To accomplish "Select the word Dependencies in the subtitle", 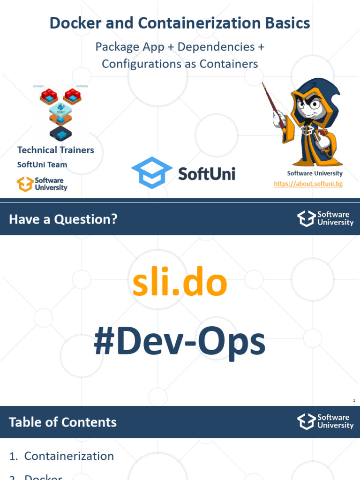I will (217, 47).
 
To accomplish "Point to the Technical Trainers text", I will (55, 150).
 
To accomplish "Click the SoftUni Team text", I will (42, 165).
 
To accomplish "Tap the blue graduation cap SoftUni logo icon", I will (151, 173).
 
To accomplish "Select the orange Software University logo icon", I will (24, 184).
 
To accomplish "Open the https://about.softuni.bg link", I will (308, 184).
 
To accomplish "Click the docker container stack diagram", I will (60, 112).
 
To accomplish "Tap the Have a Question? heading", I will (63, 219).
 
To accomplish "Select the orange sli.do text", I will (180, 284).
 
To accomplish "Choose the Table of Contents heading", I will (63, 422).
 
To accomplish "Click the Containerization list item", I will (69, 456).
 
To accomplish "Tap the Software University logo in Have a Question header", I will (325, 218).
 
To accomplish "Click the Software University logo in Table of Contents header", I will (325, 421).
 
